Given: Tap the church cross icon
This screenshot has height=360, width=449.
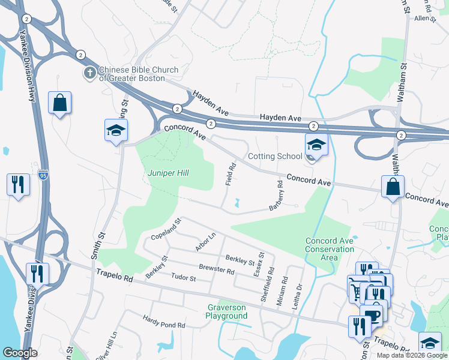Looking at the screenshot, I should pos(89,73).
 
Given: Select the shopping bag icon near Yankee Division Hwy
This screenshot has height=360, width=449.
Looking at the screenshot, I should pos(60,103).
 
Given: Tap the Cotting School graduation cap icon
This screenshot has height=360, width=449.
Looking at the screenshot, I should pos(316,145).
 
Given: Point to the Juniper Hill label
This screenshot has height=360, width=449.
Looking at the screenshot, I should pos(168,173).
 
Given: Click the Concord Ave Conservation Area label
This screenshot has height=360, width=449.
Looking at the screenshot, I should pos(330,249).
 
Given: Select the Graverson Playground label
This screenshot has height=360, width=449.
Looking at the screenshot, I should pos(226,311).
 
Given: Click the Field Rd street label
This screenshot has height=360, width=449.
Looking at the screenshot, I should pos(229,173).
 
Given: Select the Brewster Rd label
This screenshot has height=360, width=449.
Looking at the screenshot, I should pos(216,271).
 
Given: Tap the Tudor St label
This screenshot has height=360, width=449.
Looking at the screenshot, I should pos(184,278).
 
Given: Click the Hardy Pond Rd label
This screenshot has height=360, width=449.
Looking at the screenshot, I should pos(164,325).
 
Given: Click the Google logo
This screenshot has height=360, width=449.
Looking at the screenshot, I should pos(20,352).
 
